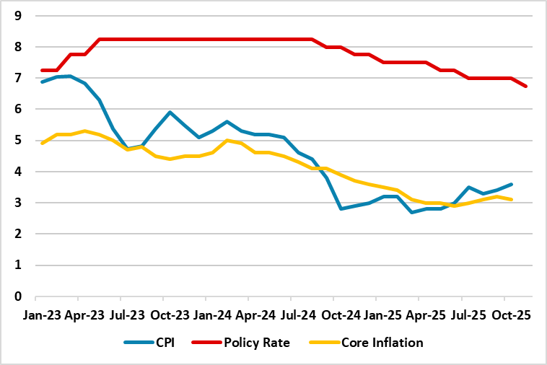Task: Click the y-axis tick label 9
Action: click(19, 16)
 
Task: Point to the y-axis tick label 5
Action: click(19, 141)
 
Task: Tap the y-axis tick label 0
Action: click(19, 296)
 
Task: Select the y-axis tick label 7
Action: click(19, 78)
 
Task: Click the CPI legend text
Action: click(164, 343)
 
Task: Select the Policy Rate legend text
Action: click(258, 343)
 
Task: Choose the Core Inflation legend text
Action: click(382, 343)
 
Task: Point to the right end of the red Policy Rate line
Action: click(526, 87)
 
